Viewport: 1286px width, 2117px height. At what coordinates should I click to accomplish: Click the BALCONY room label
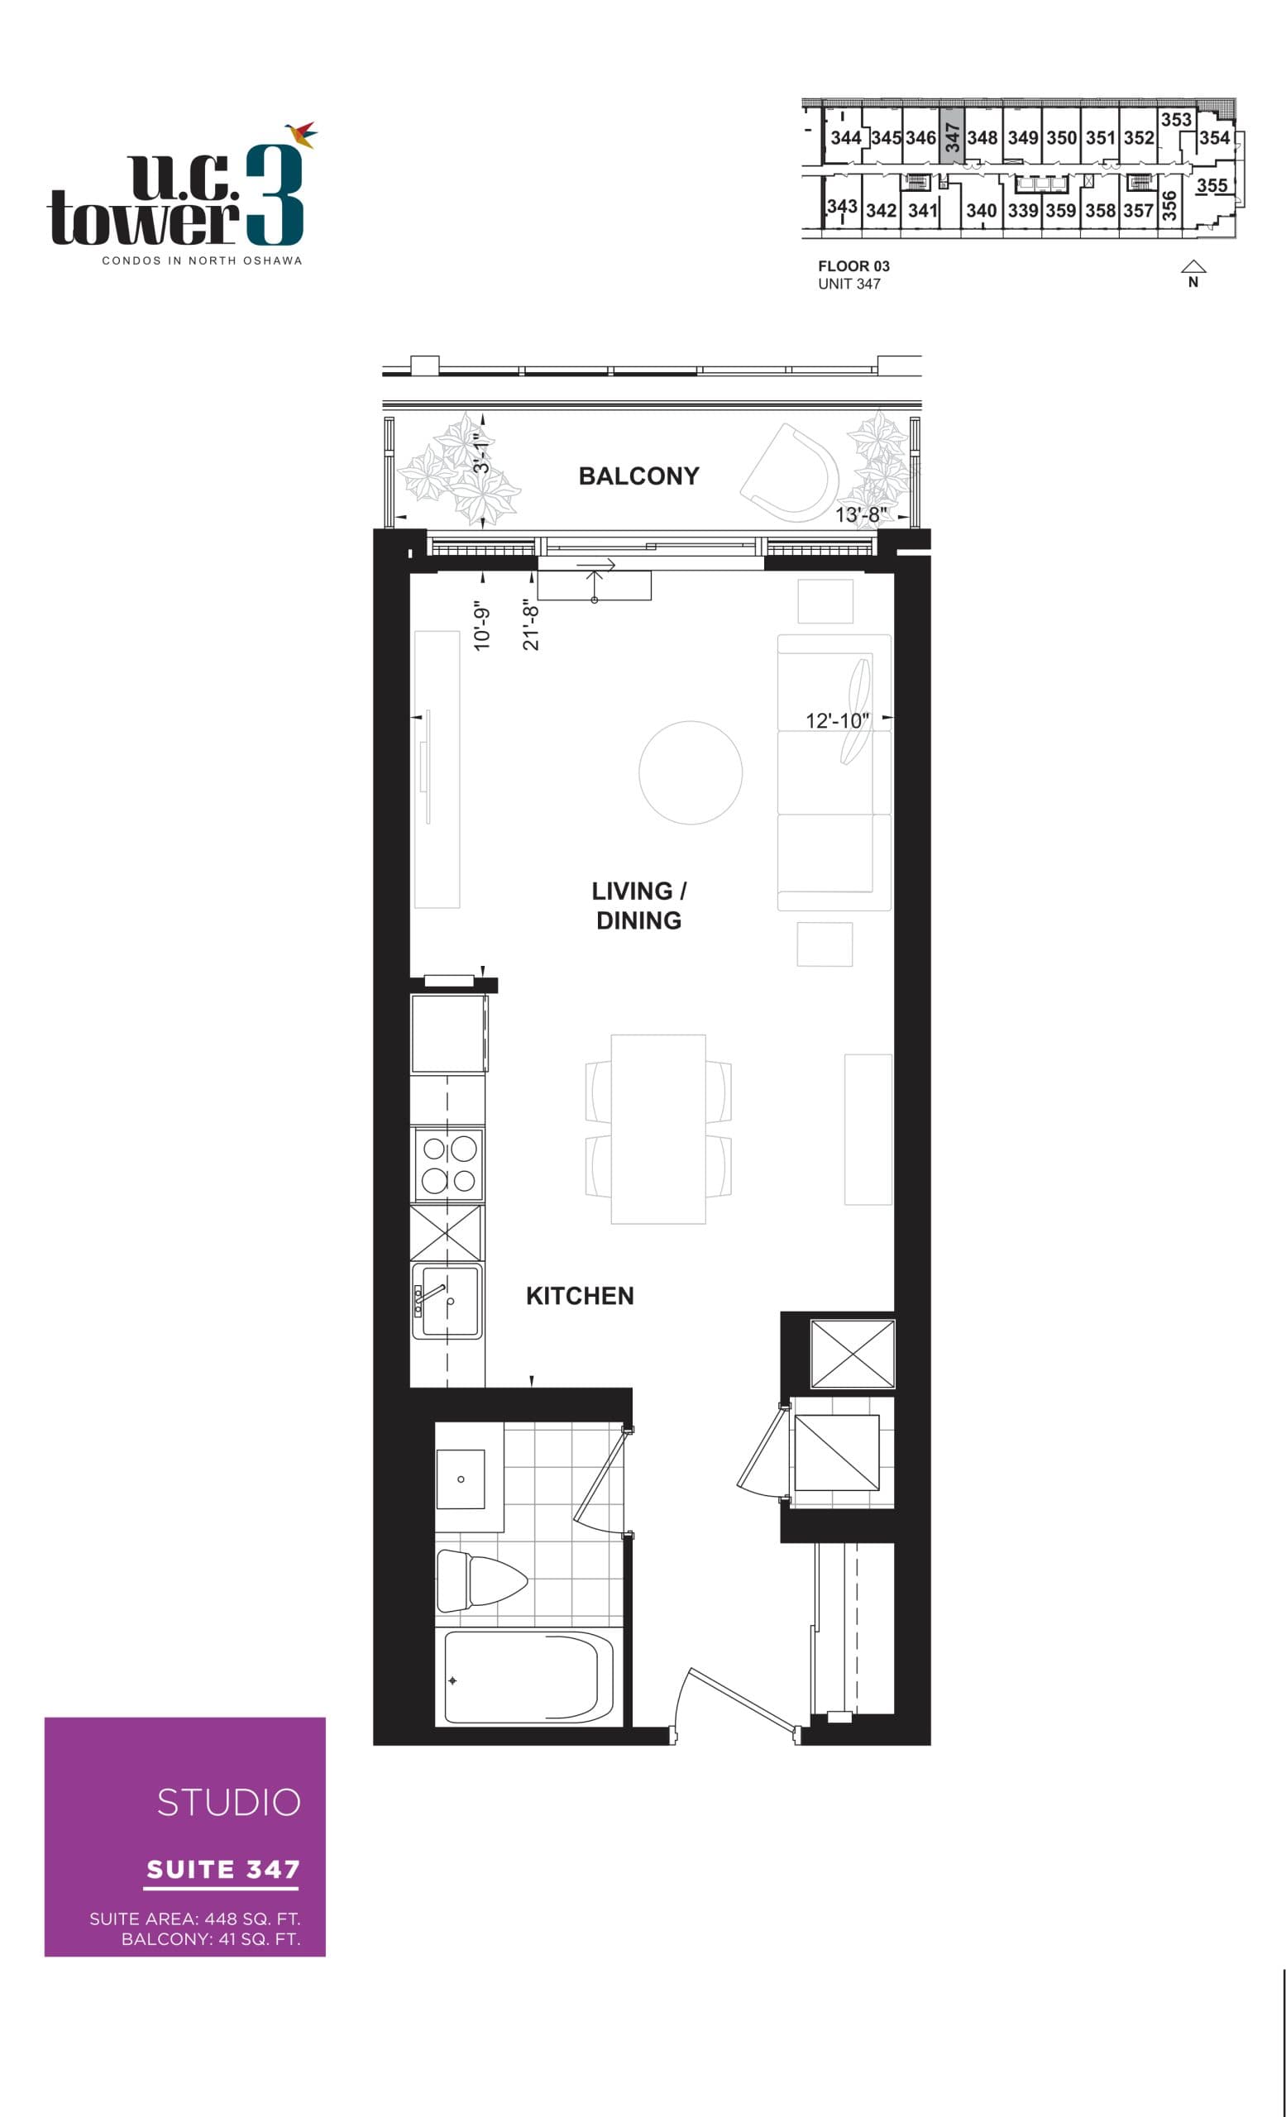coord(638,476)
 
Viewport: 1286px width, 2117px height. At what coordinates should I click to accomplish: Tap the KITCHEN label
coord(580,1296)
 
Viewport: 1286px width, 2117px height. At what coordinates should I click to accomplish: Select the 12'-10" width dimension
coord(837,720)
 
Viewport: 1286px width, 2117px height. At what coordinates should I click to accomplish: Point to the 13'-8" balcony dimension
coord(860,514)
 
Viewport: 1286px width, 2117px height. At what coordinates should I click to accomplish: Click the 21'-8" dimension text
coord(531,626)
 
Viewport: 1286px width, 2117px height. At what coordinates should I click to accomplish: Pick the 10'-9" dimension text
coord(482,624)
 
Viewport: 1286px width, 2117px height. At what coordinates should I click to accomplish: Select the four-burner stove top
coord(448,1165)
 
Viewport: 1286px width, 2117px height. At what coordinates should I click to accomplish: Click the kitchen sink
coord(447,1301)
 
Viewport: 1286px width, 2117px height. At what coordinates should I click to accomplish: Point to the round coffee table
coord(690,772)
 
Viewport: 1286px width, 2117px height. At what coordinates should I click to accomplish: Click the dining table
coord(658,1129)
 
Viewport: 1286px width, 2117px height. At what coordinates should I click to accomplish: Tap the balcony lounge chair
coord(792,473)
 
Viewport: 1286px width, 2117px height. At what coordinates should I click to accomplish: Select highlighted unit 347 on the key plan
coord(952,136)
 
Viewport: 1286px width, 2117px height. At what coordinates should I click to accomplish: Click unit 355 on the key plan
coord(1212,185)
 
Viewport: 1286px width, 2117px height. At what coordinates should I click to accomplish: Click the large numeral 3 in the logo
coord(274,196)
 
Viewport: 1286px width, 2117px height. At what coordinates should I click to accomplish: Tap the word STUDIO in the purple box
coord(228,1803)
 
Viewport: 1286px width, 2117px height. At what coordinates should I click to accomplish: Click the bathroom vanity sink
coord(461,1479)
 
